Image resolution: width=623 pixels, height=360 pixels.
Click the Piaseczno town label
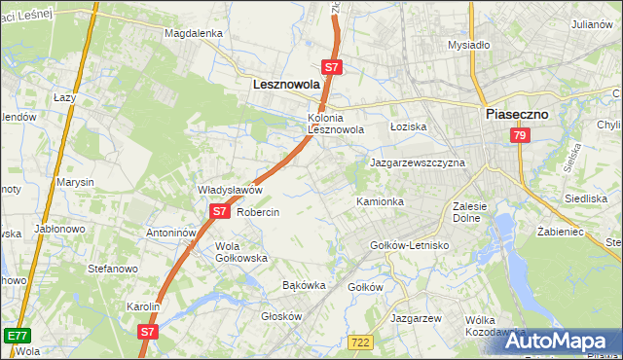(517, 114)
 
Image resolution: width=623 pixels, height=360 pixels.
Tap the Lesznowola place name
(286, 85)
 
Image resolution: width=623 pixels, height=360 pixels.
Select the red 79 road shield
(519, 136)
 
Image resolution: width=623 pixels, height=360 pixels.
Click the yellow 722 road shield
(361, 342)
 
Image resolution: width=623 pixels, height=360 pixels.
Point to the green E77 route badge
(16, 336)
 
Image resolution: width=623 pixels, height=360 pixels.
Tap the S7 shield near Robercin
(220, 210)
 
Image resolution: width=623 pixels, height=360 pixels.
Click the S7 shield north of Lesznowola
(332, 67)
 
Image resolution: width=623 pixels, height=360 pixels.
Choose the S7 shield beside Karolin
(147, 331)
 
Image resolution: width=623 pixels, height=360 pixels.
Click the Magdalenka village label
(194, 32)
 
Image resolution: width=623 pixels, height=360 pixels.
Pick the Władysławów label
(231, 190)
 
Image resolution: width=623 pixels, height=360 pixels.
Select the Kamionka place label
(380, 201)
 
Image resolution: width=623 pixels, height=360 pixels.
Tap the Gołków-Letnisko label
(410, 245)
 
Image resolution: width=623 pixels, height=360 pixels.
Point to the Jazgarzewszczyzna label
(418, 162)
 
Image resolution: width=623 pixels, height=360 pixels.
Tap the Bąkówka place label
(303, 286)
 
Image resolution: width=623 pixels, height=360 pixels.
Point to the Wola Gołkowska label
(240, 252)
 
